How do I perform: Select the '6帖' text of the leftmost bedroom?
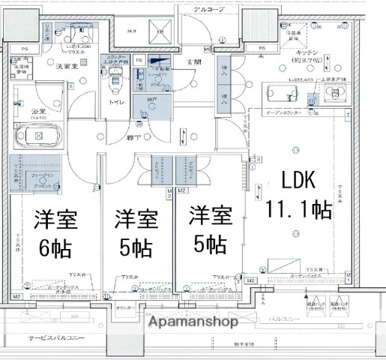coord(50,247)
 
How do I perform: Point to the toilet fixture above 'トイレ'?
coord(115,77)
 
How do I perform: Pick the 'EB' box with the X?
coord(160,31)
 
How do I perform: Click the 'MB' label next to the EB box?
coord(133,31)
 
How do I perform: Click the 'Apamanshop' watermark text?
coord(193,322)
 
